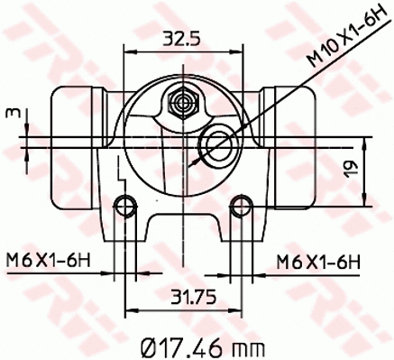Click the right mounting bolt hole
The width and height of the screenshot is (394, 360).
tap(240, 207)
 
